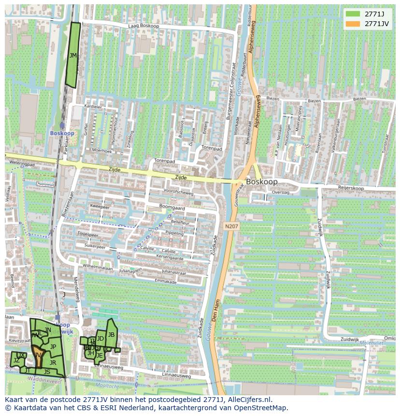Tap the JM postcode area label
pyautogui.click(x=73, y=56)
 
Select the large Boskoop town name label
pyautogui.click(x=261, y=182)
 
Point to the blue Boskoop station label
pyautogui.click(x=62, y=133)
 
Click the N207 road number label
pyautogui.click(x=231, y=226)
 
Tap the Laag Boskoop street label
pyautogui.click(x=143, y=26)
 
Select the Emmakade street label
pyautogui.click(x=165, y=281)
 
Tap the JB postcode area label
pyautogui.click(x=111, y=334)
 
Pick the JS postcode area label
pyautogui.click(x=47, y=372)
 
